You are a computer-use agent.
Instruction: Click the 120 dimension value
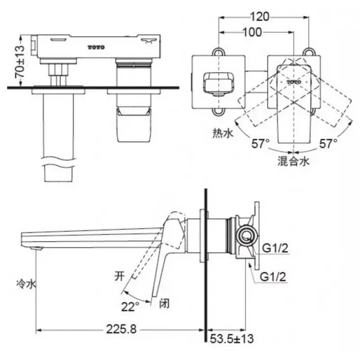coord(259,17)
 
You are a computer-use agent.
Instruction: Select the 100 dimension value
coord(252,32)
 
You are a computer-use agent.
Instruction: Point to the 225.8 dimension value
coord(121,329)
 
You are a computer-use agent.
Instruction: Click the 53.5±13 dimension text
coord(232,339)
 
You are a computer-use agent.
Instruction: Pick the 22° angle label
coord(130,306)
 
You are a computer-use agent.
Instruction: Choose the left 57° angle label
coord(261,144)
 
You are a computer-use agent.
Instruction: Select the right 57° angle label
coord(328,144)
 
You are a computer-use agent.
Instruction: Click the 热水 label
coord(222,133)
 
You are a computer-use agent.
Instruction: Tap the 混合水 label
coord(294,161)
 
